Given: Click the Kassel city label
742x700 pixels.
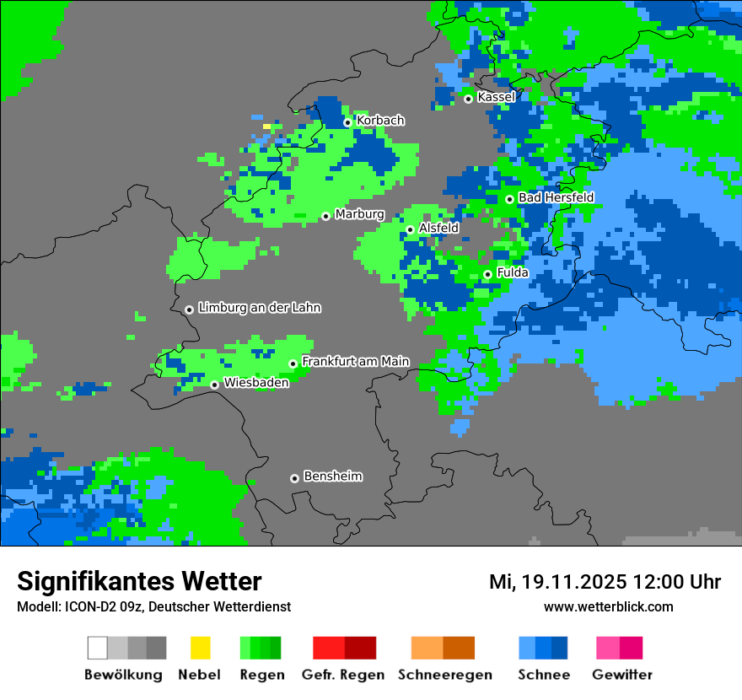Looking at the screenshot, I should [x=496, y=97].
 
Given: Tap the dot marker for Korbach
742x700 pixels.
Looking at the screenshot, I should [x=347, y=122].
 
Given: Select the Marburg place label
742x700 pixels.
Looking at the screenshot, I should [x=359, y=214].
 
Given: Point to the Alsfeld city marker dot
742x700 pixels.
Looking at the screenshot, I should [x=411, y=229].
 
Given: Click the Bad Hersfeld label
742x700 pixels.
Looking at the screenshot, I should [x=556, y=197].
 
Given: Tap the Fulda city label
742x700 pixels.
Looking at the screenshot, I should [x=513, y=272].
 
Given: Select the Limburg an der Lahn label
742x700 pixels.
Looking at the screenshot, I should [x=259, y=308].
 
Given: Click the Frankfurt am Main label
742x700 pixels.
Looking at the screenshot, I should [x=355, y=361].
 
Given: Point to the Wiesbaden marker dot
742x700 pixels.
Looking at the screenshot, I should [x=215, y=385].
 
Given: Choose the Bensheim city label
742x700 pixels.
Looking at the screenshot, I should [x=332, y=476].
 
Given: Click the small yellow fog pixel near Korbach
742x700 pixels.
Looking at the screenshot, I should [x=266, y=127].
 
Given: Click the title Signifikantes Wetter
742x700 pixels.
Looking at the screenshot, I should [x=139, y=581].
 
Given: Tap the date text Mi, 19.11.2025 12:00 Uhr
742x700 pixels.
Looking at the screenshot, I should [x=605, y=582].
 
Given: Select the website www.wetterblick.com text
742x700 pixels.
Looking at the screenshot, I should [x=608, y=606].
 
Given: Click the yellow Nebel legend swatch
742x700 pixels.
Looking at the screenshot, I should [x=200, y=648].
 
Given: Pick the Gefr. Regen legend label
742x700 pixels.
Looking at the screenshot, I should [x=343, y=675].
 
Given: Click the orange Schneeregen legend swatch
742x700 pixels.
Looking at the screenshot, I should [x=427, y=648].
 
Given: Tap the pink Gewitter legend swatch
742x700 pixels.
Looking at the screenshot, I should [x=608, y=648].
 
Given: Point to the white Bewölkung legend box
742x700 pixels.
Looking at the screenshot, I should [x=98, y=648].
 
